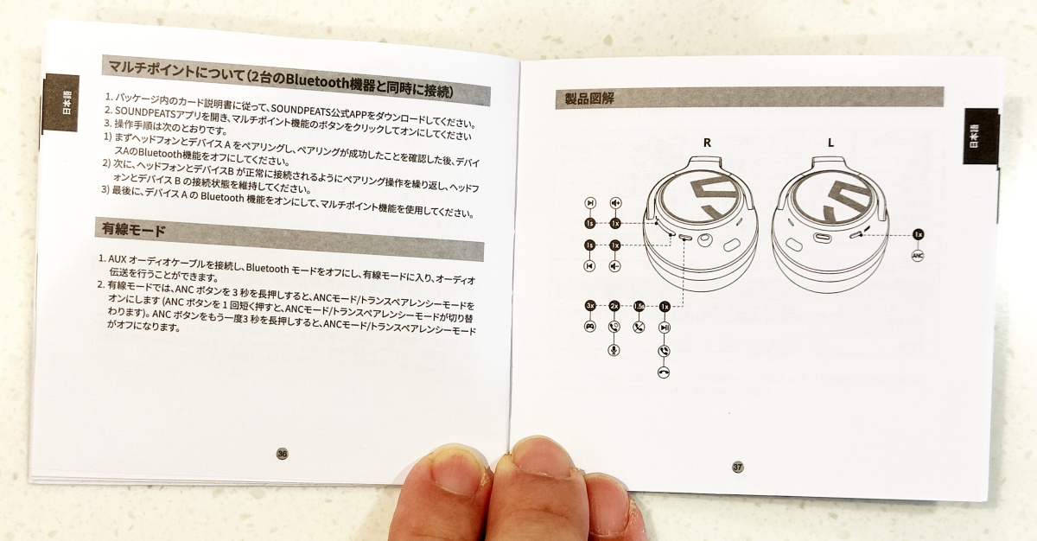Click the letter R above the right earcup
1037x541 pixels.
[707, 143]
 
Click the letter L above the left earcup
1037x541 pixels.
[831, 143]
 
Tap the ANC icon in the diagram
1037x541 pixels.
[918, 255]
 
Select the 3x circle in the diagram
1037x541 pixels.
[589, 305]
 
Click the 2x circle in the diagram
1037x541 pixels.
[614, 306]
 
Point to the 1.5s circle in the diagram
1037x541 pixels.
[639, 306]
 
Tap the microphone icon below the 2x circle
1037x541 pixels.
[614, 349]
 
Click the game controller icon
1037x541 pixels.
[589, 327]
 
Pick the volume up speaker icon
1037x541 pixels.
[615, 203]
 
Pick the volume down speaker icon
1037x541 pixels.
[614, 266]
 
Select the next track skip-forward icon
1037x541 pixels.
[590, 203]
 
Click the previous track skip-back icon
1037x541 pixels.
[589, 266]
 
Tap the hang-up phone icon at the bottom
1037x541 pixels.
[664, 372]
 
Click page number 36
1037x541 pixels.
[282, 454]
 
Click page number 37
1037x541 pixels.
[738, 467]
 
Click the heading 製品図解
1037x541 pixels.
[588, 99]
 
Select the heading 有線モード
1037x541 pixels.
[134, 230]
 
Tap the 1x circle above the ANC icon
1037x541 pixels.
[919, 234]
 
